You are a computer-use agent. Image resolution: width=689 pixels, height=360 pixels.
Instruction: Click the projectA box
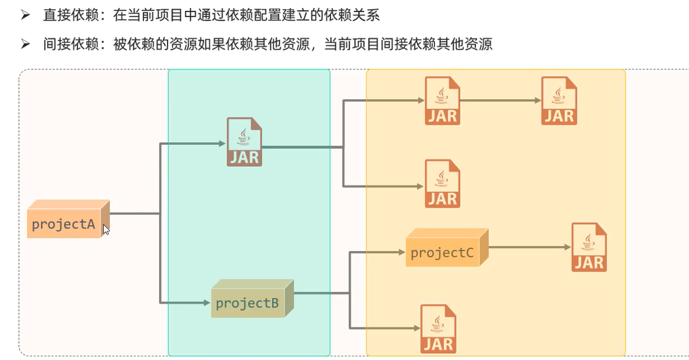click(64, 223)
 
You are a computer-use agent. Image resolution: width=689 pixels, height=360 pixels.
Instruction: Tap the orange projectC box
click(443, 252)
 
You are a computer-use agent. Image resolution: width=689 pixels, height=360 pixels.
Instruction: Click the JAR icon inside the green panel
click(244, 142)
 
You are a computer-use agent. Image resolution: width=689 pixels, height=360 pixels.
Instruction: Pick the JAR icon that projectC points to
click(589, 247)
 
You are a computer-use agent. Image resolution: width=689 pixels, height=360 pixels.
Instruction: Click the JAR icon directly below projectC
click(438, 329)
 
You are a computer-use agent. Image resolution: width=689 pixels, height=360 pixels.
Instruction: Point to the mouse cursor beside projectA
click(106, 230)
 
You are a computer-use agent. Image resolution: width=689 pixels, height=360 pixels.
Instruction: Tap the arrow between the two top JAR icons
click(499, 101)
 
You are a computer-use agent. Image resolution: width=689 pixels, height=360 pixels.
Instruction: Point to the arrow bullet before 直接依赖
click(25, 15)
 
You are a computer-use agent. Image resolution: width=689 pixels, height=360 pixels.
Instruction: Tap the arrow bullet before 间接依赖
click(25, 44)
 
